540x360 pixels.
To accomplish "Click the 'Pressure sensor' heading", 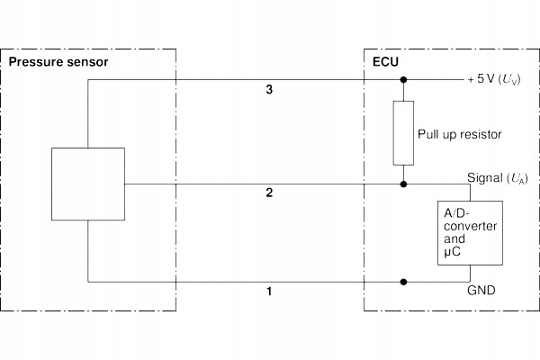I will tap(58, 63).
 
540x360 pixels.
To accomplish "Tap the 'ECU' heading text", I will tap(385, 63).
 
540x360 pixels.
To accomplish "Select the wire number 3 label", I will tap(269, 90).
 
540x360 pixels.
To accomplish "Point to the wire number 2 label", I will tap(269, 193).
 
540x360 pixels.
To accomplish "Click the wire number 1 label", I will tap(269, 292).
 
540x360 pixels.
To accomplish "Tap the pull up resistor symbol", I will tap(403, 133).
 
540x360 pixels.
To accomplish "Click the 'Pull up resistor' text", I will tap(460, 134).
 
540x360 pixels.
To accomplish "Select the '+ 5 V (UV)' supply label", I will tap(494, 80).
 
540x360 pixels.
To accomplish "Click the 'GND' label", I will tap(481, 291).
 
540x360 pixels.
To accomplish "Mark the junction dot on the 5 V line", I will tap(403, 80).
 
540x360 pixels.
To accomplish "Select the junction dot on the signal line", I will tap(403, 184).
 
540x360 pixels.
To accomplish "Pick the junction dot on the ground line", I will tap(403, 281).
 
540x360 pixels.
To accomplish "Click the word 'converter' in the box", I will tap(469, 226).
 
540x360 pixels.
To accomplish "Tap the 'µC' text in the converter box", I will tap(453, 254).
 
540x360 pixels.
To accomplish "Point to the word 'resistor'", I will tap(481, 134).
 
